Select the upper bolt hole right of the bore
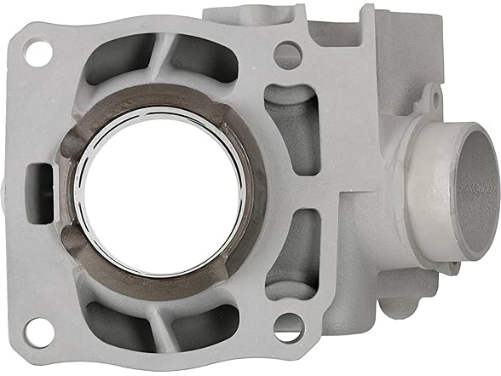coord(287,56)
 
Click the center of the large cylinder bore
coord(161,191)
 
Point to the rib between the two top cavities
coord(162,60)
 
